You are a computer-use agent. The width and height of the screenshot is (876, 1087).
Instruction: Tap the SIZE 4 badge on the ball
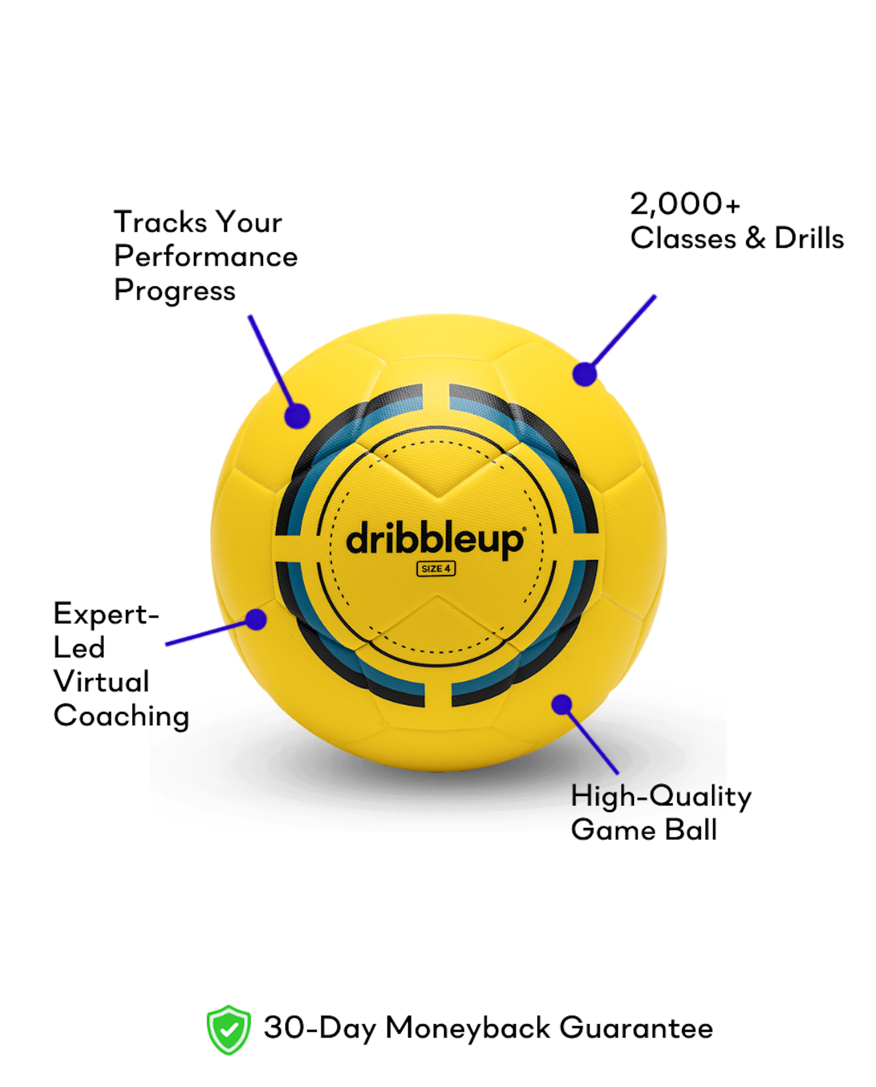[436, 568]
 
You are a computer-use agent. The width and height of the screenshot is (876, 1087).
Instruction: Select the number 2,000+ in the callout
[685, 204]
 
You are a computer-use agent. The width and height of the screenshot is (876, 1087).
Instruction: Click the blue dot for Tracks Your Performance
[297, 416]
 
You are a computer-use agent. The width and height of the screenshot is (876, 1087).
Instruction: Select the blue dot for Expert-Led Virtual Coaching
[256, 619]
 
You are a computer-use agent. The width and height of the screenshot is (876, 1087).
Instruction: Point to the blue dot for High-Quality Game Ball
[562, 705]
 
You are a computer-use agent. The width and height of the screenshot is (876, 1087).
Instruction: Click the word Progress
[175, 291]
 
